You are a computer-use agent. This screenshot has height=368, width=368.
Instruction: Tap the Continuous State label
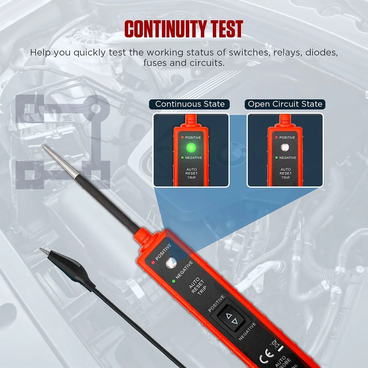click(x=190, y=104)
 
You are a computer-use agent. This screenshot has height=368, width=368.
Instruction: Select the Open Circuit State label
click(x=285, y=104)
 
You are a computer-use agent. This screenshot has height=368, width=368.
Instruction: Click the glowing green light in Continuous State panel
click(x=191, y=148)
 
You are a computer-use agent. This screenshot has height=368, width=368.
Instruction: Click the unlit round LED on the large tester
click(x=170, y=263)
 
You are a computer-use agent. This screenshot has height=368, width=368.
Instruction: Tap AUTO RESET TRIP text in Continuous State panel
click(x=192, y=174)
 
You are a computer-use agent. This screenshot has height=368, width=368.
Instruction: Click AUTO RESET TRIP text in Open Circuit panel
click(x=286, y=174)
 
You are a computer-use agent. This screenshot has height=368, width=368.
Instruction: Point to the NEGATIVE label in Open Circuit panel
click(x=287, y=158)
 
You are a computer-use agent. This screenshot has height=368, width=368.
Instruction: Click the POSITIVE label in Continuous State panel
click(x=193, y=137)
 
